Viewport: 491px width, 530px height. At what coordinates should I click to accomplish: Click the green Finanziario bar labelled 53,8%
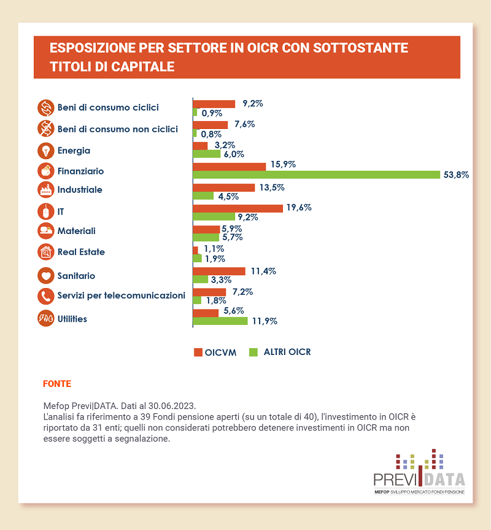pyautogui.click(x=316, y=174)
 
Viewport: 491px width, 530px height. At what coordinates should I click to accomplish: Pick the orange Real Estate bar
pyautogui.click(x=195, y=250)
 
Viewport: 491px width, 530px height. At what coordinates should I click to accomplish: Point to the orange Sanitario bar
pyautogui.click(x=218, y=271)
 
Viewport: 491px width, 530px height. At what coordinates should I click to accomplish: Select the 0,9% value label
pyautogui.click(x=212, y=113)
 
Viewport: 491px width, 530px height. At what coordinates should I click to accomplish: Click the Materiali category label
pyautogui.click(x=77, y=231)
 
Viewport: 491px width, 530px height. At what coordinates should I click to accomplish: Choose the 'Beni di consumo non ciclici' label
pyautogui.click(x=117, y=129)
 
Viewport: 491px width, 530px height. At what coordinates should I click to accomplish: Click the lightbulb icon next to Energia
pyautogui.click(x=45, y=150)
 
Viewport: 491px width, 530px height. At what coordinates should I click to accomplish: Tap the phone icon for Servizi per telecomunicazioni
pyautogui.click(x=45, y=296)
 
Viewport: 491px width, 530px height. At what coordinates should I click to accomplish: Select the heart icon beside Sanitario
pyautogui.click(x=45, y=276)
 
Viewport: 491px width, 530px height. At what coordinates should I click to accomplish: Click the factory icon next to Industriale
pyautogui.click(x=45, y=190)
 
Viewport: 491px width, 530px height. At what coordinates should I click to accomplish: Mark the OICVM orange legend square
pyautogui.click(x=198, y=353)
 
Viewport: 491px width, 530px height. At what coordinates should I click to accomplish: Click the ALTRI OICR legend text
pyautogui.click(x=287, y=352)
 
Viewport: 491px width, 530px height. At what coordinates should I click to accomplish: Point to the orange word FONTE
pyautogui.click(x=57, y=384)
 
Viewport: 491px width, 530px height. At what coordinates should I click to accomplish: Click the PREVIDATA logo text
pyautogui.click(x=419, y=479)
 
